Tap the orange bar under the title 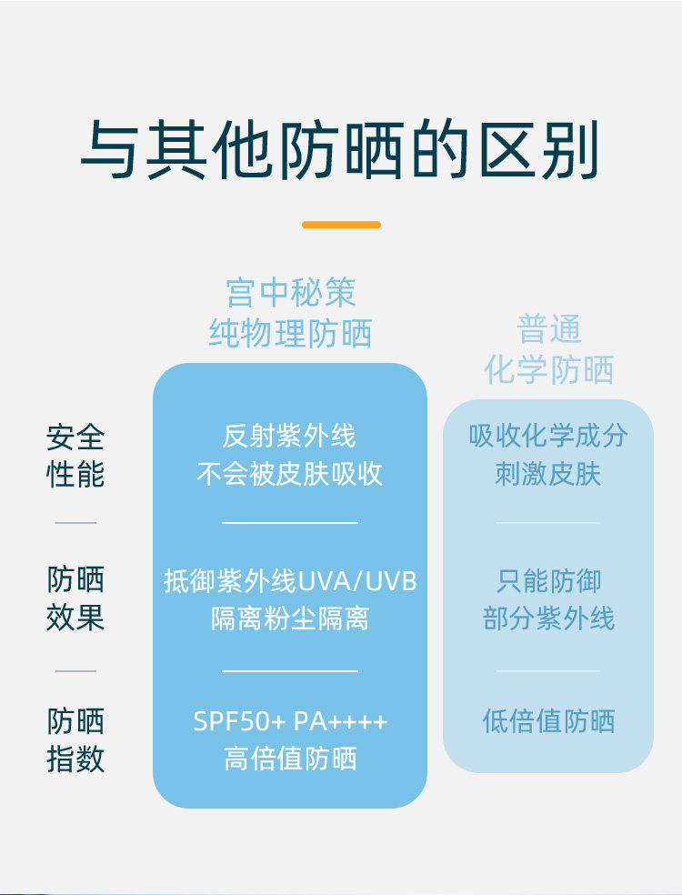[340, 225]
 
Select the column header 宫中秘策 [290, 293]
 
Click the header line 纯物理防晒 [290, 333]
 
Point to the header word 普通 [548, 329]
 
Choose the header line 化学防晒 [548, 369]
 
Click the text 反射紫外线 [289, 436]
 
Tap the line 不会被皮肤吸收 [289, 474]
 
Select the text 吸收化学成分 [548, 436]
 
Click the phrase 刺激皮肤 [548, 474]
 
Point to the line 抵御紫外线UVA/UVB [290, 580]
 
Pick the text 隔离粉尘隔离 [290, 619]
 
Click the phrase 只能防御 [548, 580]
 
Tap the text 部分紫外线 [548, 619]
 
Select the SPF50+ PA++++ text [290, 722]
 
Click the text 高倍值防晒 [290, 759]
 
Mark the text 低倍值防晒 [548, 722]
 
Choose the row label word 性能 [75, 475]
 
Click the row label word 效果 [75, 618]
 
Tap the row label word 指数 [75, 759]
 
